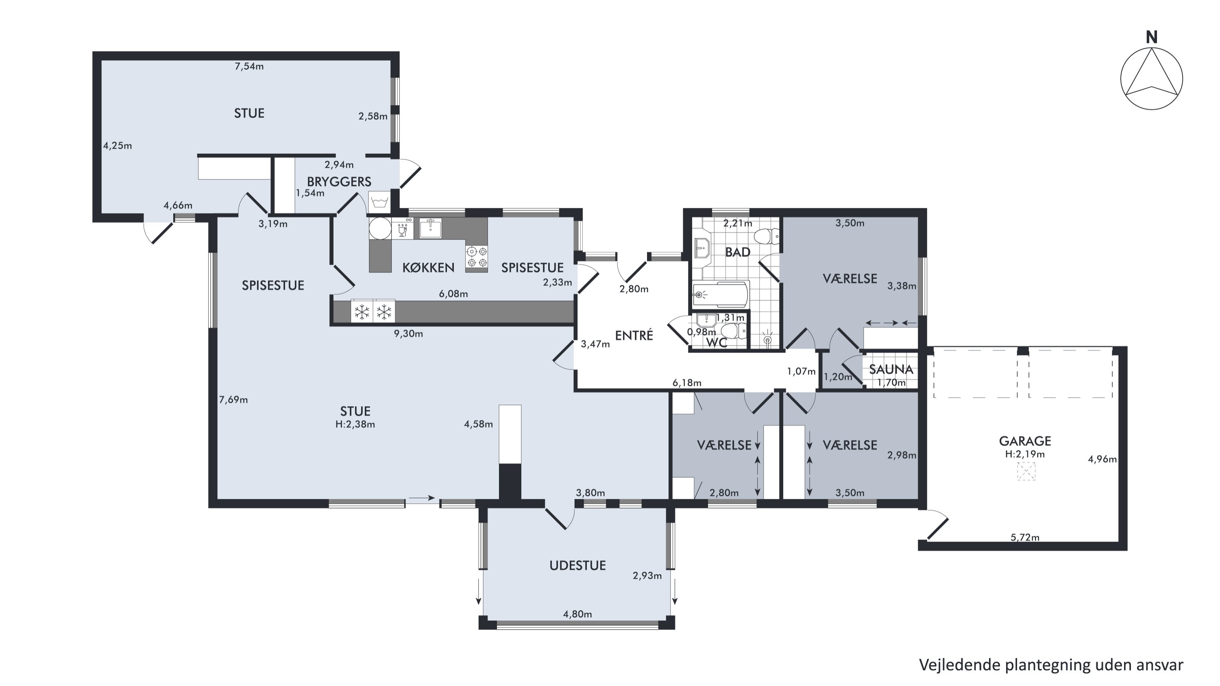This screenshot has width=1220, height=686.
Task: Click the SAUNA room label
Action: (x=891, y=369)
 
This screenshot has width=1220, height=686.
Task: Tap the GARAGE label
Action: (x=1025, y=441)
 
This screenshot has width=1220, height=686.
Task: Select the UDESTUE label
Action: (x=577, y=565)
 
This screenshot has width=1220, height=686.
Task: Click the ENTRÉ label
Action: (x=634, y=335)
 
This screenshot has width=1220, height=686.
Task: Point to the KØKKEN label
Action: (x=428, y=268)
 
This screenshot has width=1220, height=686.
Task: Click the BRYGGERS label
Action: (x=339, y=181)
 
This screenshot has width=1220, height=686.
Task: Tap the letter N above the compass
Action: (x=1151, y=37)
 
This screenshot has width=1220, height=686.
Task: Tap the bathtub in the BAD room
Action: (x=720, y=294)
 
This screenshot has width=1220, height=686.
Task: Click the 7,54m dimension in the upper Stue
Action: (x=249, y=66)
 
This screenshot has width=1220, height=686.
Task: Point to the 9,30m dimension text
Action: (x=408, y=334)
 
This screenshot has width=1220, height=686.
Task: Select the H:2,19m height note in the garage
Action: (x=1025, y=454)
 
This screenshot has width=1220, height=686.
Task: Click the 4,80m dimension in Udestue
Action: (x=577, y=614)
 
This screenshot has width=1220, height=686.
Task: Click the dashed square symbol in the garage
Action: (x=1026, y=472)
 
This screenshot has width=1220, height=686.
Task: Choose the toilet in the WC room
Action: (x=734, y=331)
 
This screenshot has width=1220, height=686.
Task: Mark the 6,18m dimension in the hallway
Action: (x=687, y=383)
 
